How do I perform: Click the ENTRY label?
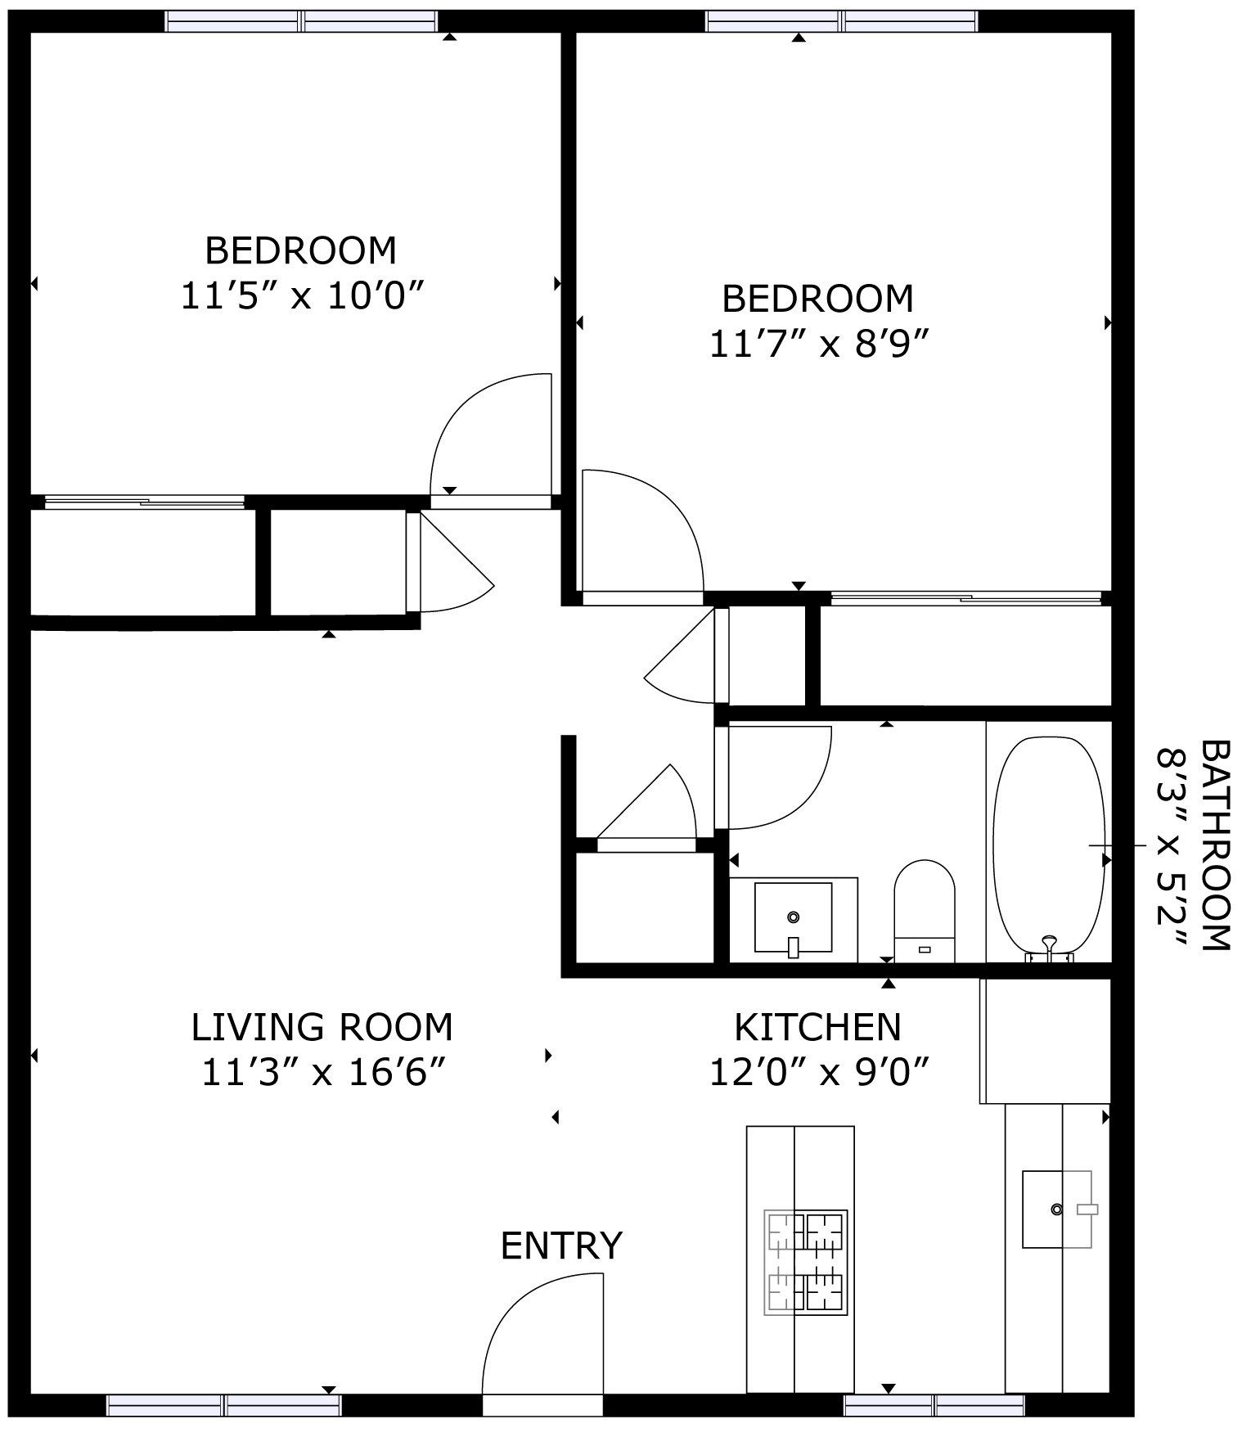click(561, 1246)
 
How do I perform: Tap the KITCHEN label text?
click(817, 1027)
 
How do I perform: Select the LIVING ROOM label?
click(322, 1027)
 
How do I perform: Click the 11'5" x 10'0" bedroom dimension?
click(302, 296)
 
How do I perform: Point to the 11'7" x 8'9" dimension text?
click(819, 345)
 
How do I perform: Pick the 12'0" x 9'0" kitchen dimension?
click(819, 1072)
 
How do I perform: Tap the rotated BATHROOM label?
click(1215, 845)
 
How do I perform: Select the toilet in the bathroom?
click(925, 908)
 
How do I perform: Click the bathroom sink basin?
click(792, 917)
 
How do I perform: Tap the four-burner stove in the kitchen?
click(805, 1262)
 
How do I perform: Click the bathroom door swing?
click(777, 777)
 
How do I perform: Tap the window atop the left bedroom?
click(301, 21)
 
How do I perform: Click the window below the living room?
click(223, 1406)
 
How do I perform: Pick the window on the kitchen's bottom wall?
click(934, 1406)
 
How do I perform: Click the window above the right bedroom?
click(842, 21)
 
